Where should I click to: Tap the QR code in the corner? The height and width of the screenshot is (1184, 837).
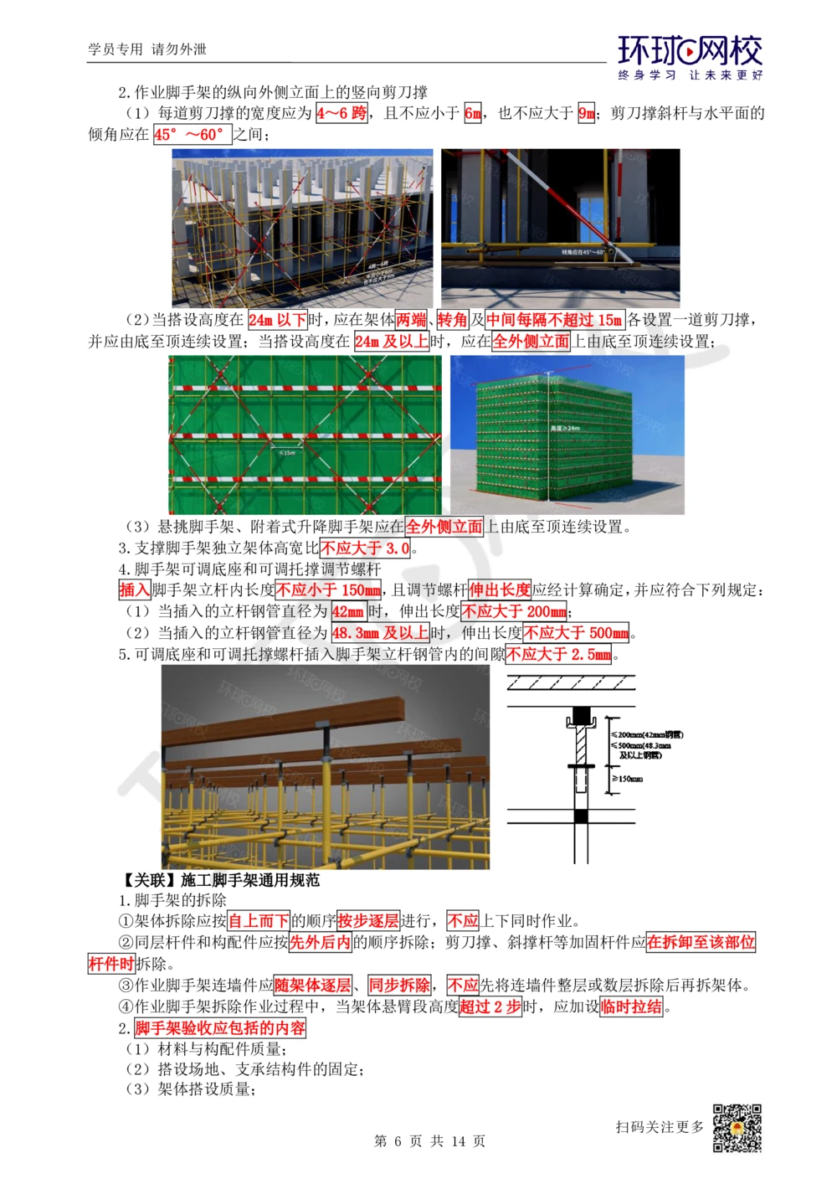737,1128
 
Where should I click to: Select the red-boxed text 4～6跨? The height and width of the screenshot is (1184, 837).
341,113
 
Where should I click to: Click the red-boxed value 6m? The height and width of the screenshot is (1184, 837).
473,113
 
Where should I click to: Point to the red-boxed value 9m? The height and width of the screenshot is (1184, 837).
586,113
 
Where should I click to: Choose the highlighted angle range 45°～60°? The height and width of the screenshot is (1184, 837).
192,134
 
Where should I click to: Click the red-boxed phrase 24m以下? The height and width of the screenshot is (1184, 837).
277,320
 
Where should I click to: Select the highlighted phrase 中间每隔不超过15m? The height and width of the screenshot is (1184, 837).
554,320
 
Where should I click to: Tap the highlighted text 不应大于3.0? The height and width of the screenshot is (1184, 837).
366,548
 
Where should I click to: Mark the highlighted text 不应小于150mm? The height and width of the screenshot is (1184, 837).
328,590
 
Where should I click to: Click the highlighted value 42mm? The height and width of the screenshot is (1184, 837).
347,611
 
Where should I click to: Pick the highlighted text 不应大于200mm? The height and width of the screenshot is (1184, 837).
514,611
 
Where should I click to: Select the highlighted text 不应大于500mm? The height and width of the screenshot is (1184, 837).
577,633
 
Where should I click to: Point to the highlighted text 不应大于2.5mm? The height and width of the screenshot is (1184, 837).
558,654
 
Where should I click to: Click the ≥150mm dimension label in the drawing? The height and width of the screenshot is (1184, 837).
627,779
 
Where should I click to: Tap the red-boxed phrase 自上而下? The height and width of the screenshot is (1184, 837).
259,921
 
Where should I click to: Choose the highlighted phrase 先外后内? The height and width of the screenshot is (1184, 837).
320,942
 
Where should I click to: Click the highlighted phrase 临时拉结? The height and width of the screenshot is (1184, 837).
631,1006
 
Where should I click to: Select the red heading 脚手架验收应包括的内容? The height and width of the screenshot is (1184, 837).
220,1027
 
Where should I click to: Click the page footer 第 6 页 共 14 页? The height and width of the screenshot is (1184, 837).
429,1141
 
